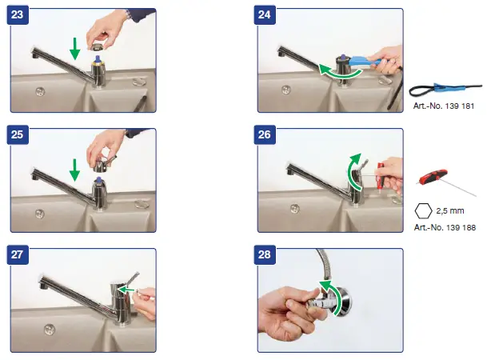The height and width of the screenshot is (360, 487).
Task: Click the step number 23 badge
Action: tap(18, 14)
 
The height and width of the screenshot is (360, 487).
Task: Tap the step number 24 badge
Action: tap(265, 14)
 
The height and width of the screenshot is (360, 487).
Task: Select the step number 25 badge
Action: tap(18, 134)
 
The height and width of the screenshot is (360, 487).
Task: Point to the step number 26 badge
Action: tap(265, 134)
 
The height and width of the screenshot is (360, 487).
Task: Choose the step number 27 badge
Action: tap(18, 254)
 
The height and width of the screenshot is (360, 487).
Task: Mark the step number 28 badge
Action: tap(265, 254)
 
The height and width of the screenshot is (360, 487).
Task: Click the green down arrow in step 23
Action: tap(74, 49)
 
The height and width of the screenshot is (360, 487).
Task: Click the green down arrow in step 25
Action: tap(74, 170)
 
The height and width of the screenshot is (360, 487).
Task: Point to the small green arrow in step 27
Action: tap(126, 290)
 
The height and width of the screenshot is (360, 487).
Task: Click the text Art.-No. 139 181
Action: tap(444, 106)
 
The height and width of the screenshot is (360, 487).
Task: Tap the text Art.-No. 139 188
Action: tap(445, 228)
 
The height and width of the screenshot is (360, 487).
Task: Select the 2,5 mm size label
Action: tap(450, 211)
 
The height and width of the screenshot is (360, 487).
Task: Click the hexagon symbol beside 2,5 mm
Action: tap(423, 211)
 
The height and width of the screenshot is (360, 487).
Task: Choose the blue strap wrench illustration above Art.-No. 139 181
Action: tap(445, 89)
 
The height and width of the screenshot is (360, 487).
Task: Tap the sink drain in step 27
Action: tap(50, 330)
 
